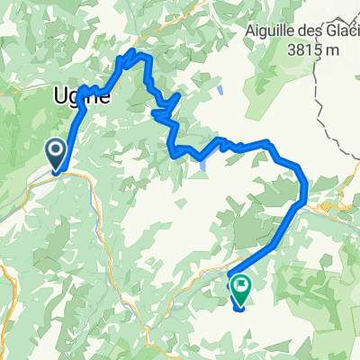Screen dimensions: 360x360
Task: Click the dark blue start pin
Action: [56, 152]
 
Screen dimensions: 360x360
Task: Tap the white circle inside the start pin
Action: [56, 149]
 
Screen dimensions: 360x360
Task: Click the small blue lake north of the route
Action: [220, 91]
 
